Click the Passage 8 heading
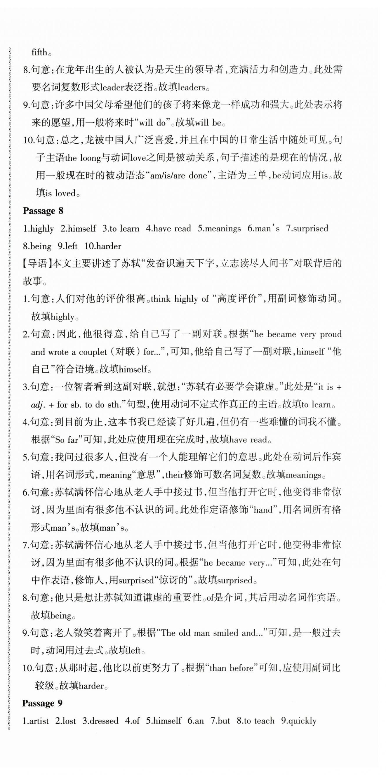pos(43,211)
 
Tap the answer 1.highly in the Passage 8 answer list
pos(38,229)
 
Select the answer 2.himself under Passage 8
pos(78,229)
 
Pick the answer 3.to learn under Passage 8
pos(121,229)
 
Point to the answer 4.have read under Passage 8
pos(168,229)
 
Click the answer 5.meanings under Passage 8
pos(219,229)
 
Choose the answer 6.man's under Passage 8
pos(263,229)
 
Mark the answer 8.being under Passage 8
pos(37,246)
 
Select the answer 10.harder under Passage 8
pos(102,246)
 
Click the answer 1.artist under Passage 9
pos(36,721)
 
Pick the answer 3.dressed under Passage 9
pos(100,721)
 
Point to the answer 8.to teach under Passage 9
pos(256,721)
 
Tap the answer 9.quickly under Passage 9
pos(299,721)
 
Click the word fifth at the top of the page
pos(39,52)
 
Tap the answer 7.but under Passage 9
pos(220,721)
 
